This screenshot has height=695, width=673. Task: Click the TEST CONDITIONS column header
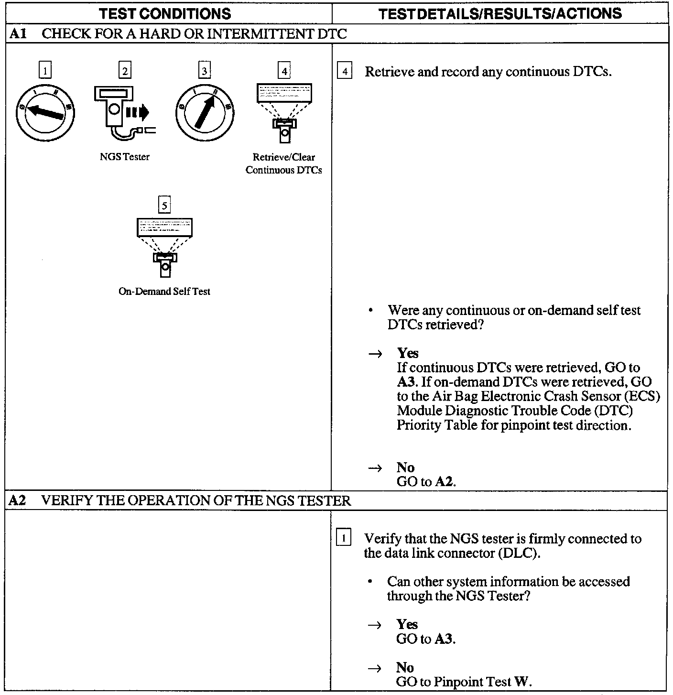[x=165, y=14]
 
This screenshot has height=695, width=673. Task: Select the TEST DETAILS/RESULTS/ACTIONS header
[x=500, y=14]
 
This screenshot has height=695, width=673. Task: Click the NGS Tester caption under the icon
[x=124, y=157]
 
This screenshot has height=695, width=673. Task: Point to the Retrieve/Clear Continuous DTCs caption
[x=283, y=163]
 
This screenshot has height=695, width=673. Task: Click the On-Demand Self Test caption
[x=164, y=291]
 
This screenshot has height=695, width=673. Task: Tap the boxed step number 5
[x=164, y=206]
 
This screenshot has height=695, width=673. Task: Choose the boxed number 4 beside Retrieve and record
[x=345, y=72]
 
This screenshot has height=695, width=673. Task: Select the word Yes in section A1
[x=408, y=353]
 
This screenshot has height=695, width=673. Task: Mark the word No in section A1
[x=405, y=467]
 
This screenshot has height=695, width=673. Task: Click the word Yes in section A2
[x=407, y=624]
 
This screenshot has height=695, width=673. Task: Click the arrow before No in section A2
[x=375, y=668]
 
